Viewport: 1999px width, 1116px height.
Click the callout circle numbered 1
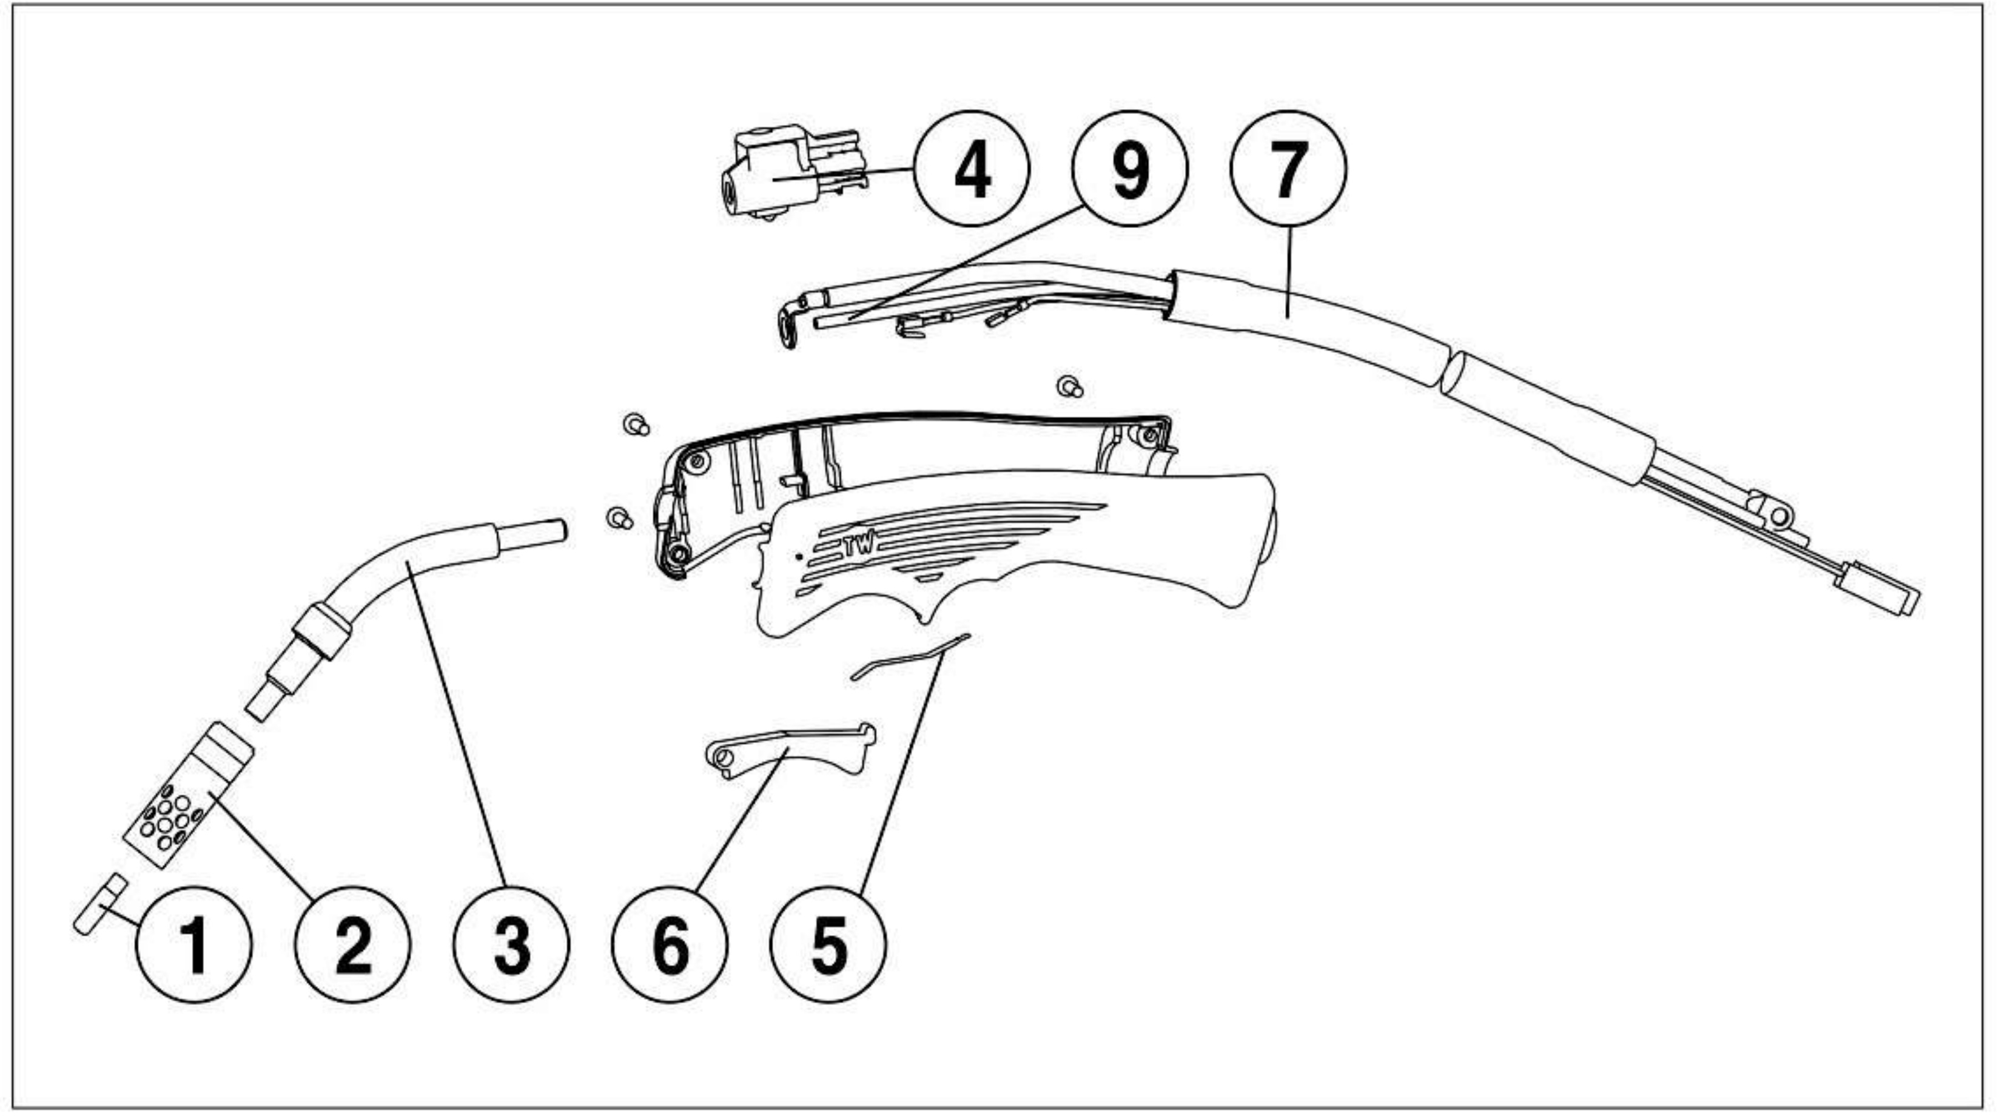pos(194,944)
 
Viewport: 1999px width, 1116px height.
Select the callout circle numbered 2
pos(353,944)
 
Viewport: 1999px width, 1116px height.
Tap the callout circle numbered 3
pos(512,944)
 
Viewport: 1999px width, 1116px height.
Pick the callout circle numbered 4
pos(972,169)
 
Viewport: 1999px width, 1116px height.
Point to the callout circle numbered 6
pos(670,944)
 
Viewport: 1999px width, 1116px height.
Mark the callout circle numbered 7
pos(1289,169)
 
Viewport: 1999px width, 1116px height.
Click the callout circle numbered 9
pos(1130,169)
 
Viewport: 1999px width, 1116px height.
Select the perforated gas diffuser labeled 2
pos(189,794)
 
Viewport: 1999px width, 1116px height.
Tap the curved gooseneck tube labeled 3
pos(388,590)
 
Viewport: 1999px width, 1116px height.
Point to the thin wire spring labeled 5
pos(910,657)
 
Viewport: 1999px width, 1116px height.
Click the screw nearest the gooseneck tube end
pos(619,517)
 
